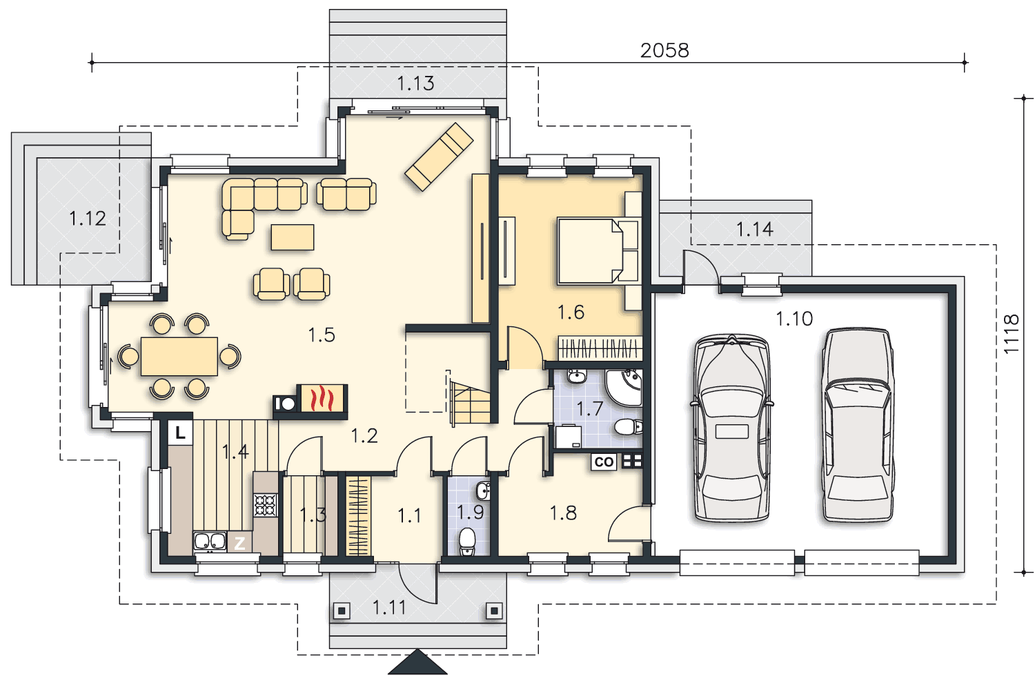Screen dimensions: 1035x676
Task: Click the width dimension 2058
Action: coord(664,50)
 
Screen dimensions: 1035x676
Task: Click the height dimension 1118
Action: coord(1012,334)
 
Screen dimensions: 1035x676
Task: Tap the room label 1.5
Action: coord(322,335)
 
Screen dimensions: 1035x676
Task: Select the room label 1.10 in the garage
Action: coord(793,319)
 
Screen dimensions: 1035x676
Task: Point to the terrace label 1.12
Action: coord(88,218)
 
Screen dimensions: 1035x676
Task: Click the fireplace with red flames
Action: coord(322,398)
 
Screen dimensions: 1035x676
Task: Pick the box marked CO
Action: coord(604,461)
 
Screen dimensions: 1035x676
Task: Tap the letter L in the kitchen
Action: coord(180,433)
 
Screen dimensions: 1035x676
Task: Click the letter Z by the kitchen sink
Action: coord(239,543)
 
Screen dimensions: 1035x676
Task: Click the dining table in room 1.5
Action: coord(179,356)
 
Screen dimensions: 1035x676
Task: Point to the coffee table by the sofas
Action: coord(293,237)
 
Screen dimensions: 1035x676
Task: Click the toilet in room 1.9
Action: coord(468,541)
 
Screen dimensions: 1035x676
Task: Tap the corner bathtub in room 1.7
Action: coord(624,387)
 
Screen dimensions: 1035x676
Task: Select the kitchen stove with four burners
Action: coord(265,505)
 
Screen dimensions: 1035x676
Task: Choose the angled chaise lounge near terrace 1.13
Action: coord(439,157)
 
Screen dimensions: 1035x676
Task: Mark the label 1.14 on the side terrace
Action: coord(755,229)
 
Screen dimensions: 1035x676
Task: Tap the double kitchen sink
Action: coord(210,541)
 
